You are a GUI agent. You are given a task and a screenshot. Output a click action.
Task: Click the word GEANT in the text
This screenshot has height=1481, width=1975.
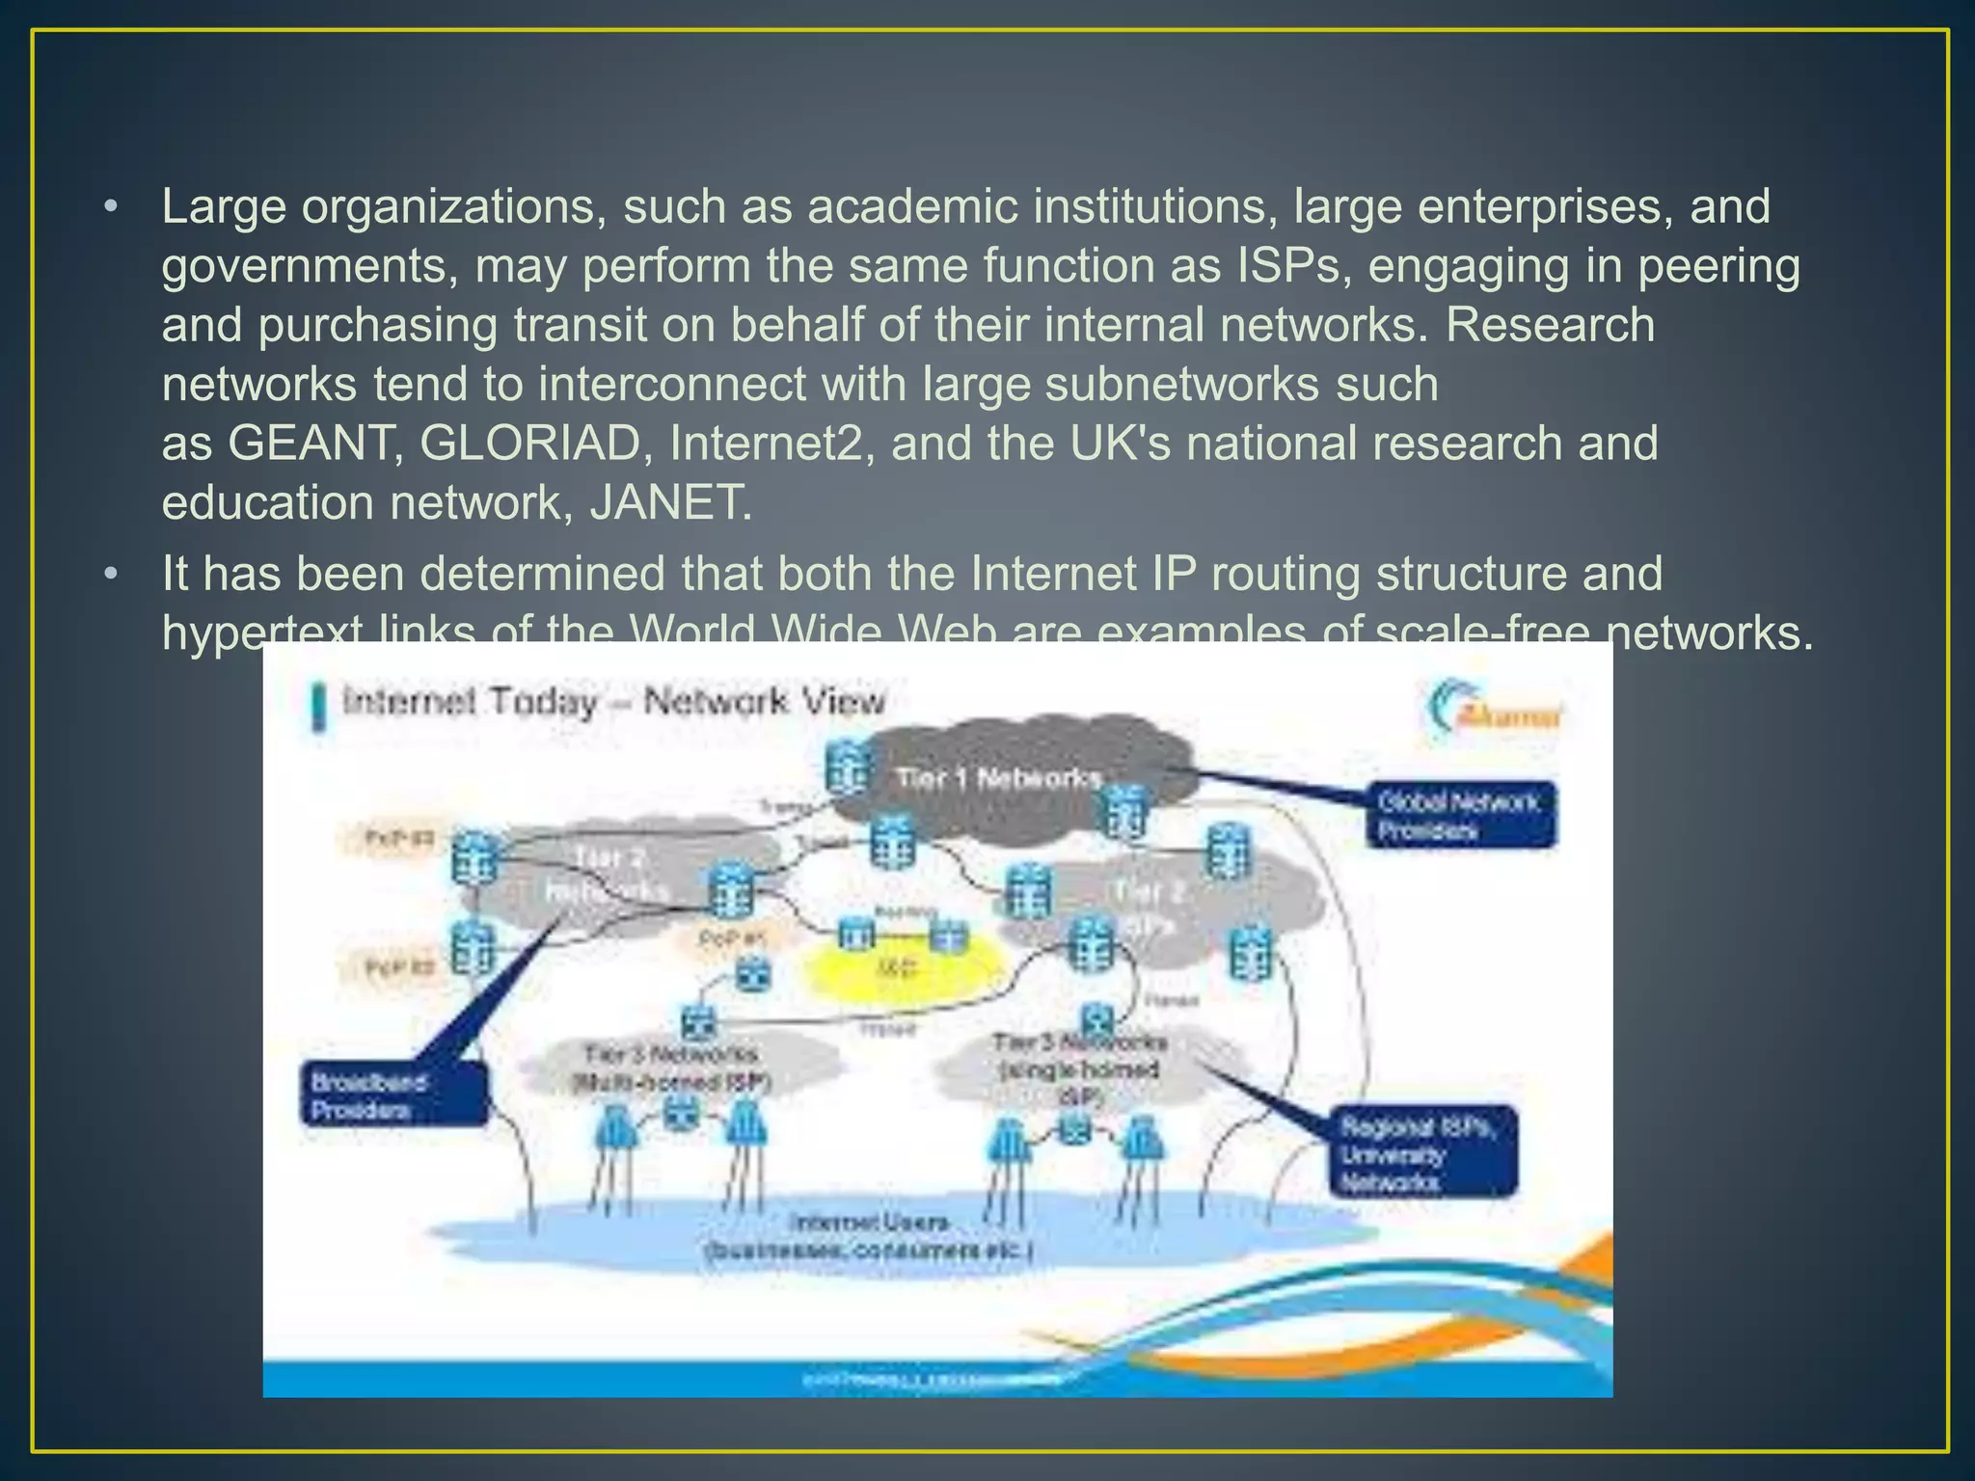tap(315, 444)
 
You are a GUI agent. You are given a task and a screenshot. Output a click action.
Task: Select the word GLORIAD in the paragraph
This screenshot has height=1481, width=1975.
tap(531, 444)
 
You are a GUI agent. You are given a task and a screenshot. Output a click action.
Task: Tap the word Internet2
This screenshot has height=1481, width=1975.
tap(772, 444)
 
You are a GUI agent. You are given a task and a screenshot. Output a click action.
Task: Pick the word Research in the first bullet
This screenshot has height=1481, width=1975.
tap(1550, 326)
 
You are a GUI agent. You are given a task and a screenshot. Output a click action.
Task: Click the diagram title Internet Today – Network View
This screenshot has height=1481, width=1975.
tap(613, 702)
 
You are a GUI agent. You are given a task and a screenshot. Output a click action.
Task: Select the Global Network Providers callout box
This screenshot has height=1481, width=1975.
tap(1459, 816)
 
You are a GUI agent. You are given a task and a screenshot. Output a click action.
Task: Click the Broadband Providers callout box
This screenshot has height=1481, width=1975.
tap(393, 1094)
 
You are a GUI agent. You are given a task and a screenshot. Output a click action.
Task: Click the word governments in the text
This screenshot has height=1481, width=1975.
tap(309, 267)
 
